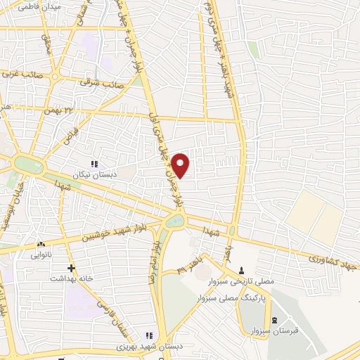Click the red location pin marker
pos(180,163)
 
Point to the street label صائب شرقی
pos(103,83)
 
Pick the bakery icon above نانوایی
pos(40,244)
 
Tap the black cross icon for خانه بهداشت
pos(71,267)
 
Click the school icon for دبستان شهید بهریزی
pos(148,335)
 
